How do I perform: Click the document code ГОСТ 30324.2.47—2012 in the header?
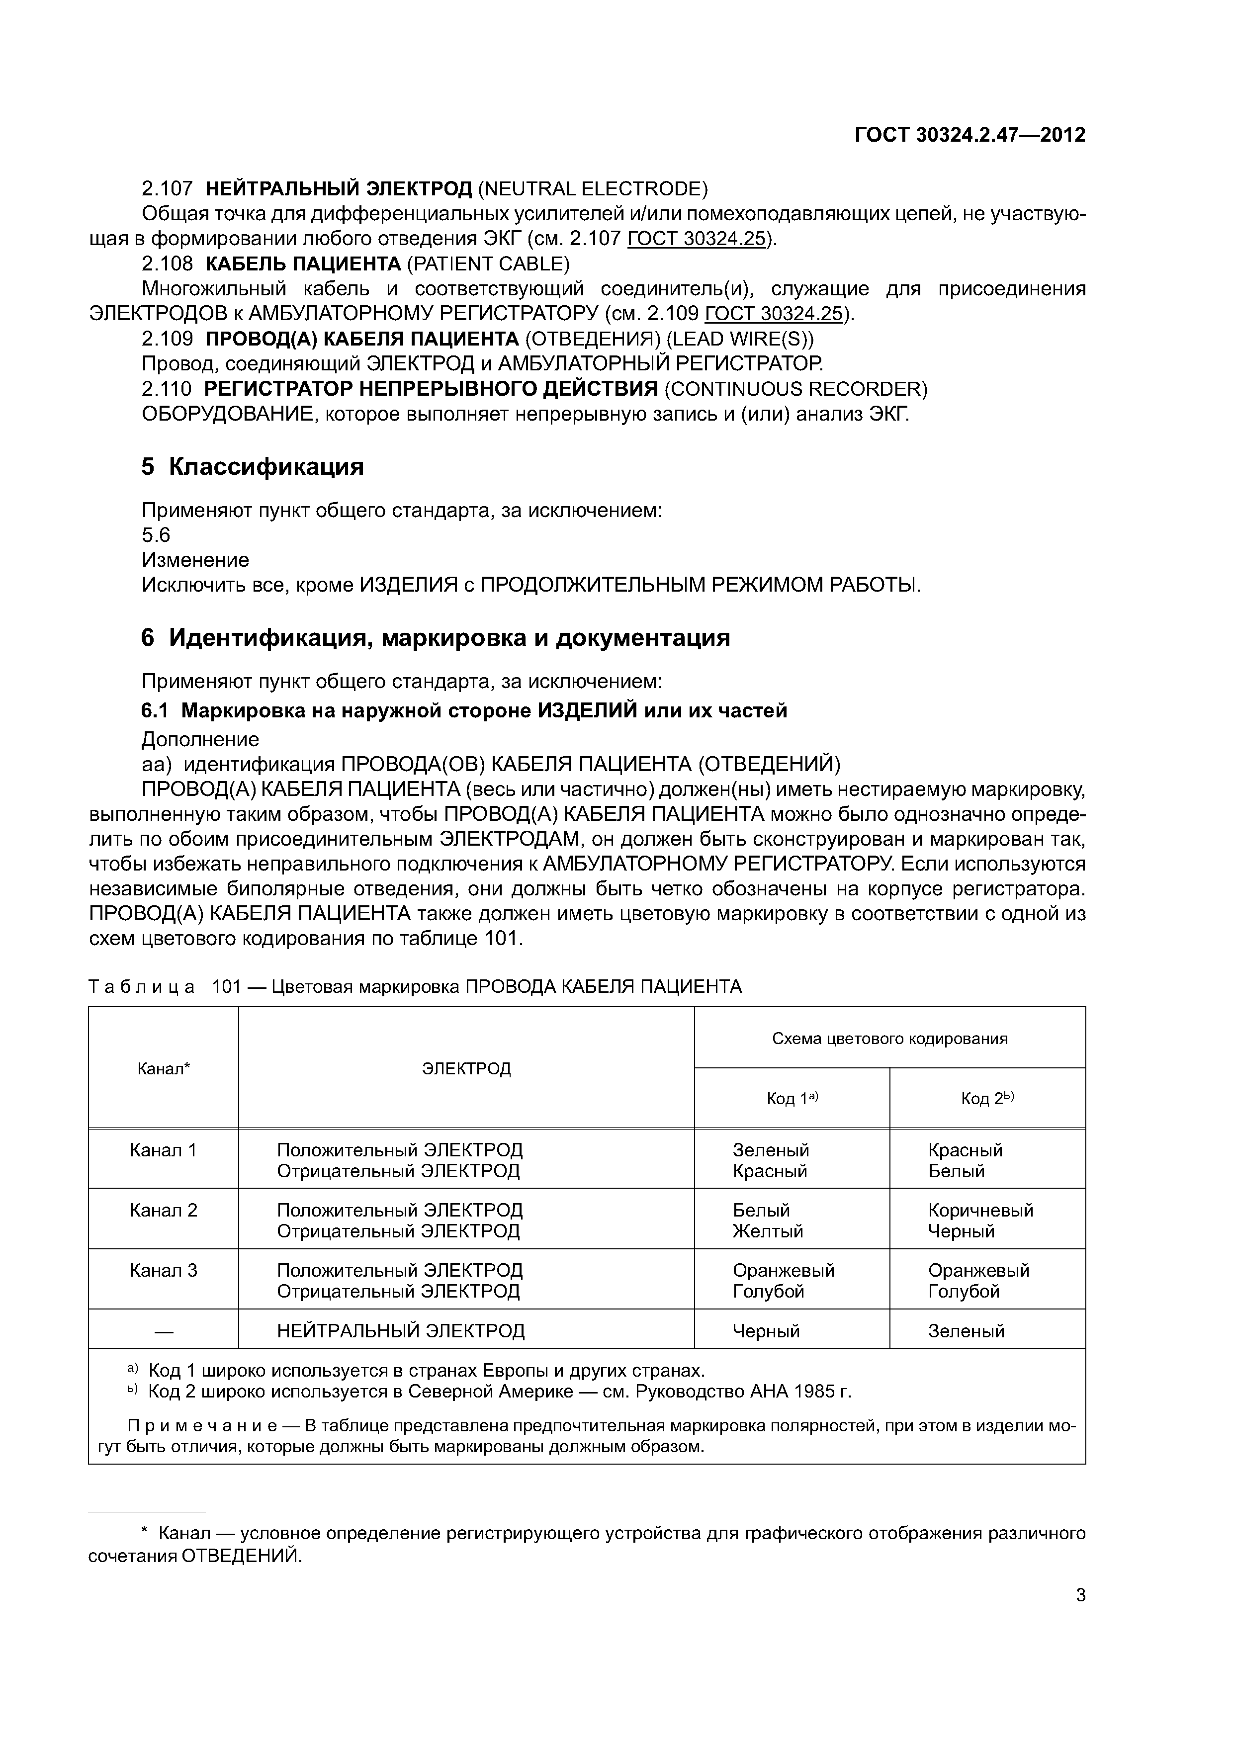[970, 135]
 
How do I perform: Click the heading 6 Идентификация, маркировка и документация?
[436, 637]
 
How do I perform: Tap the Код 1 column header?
[791, 1098]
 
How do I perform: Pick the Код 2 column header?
[987, 1098]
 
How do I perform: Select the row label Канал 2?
[164, 1210]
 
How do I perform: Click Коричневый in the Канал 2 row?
[980, 1210]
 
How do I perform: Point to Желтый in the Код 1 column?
[767, 1231]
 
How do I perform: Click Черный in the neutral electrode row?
[766, 1331]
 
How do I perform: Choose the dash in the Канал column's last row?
[164, 1331]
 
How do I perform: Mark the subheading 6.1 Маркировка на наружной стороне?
[463, 710]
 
